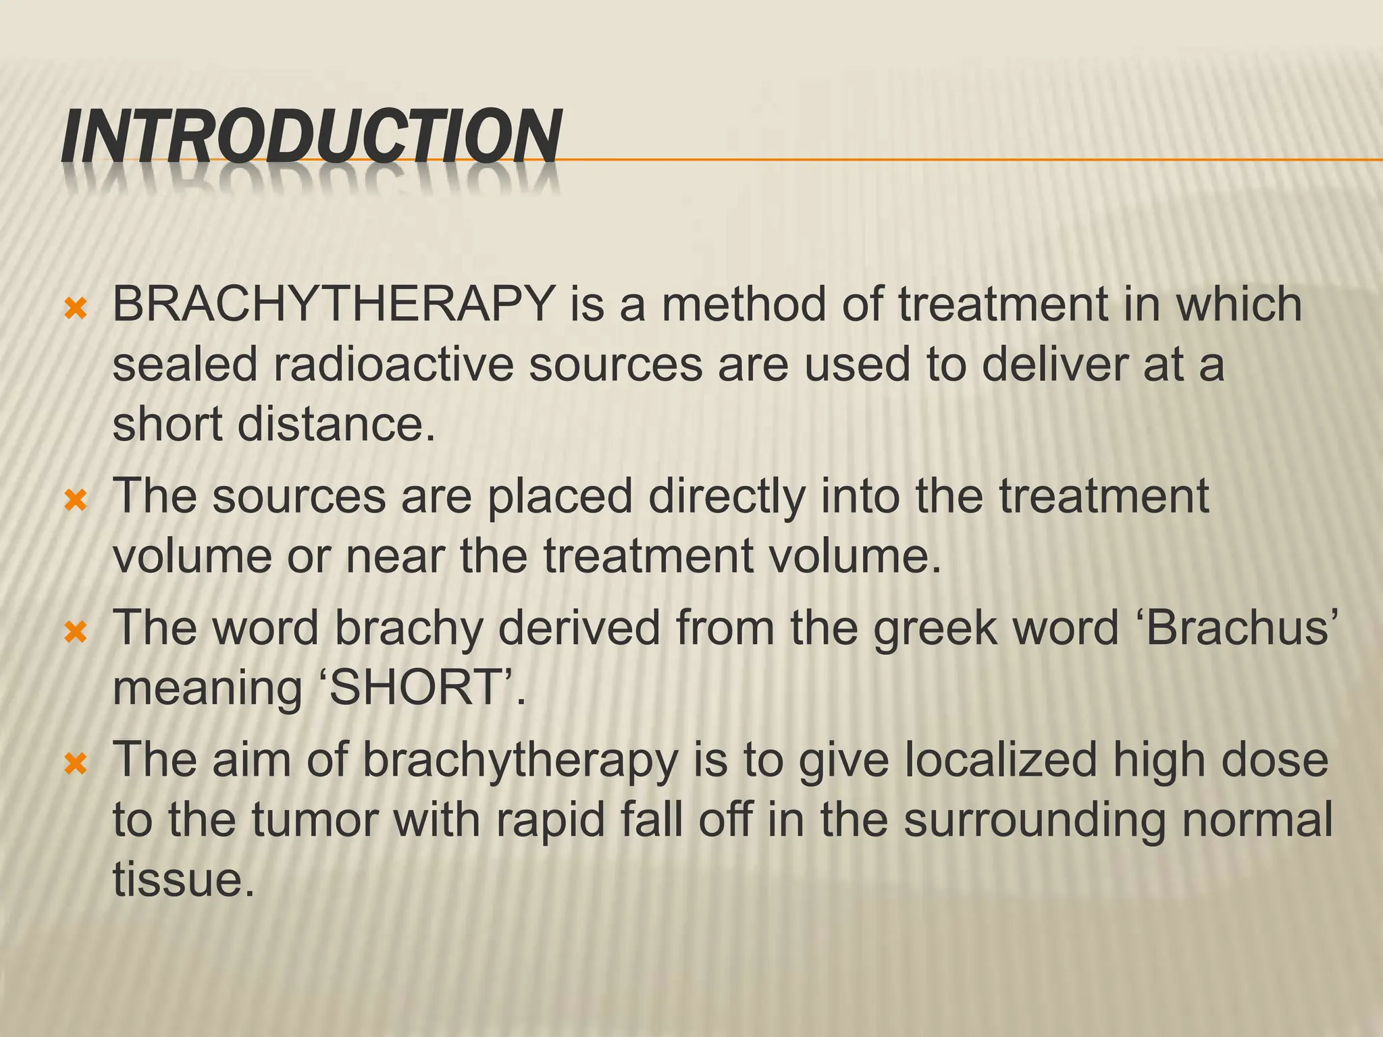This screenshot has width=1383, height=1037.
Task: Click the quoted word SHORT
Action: [x=419, y=688]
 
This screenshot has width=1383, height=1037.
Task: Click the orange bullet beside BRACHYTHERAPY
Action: [x=75, y=310]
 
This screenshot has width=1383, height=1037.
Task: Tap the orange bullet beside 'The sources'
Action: [x=75, y=501]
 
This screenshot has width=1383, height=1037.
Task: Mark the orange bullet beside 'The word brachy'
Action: [x=75, y=633]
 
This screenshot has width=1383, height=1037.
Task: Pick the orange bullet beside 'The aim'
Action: [x=75, y=764]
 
